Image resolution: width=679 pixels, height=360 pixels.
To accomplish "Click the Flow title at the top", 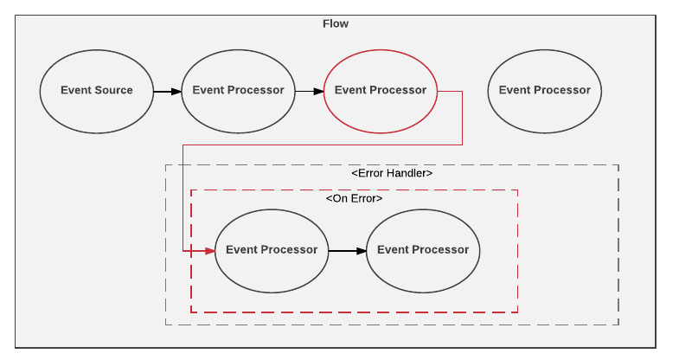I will pyautogui.click(x=336, y=23).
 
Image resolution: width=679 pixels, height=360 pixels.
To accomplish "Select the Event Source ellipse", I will pyautogui.click(x=97, y=91).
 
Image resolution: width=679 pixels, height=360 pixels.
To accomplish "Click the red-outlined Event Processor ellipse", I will pyautogui.click(x=380, y=91).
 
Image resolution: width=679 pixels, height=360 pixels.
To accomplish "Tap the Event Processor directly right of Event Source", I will pyautogui.click(x=238, y=91).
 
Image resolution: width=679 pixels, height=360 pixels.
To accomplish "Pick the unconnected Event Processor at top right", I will pyautogui.click(x=544, y=91).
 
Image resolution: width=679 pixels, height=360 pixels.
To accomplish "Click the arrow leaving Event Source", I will pyautogui.click(x=167, y=91).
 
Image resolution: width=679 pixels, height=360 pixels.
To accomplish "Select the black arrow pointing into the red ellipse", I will pyautogui.click(x=309, y=91).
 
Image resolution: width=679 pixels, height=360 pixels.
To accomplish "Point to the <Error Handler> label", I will pyautogui.click(x=392, y=173).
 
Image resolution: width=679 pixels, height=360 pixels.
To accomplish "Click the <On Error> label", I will pyautogui.click(x=354, y=198).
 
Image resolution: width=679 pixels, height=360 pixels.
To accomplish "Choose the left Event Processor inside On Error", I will pyautogui.click(x=271, y=250).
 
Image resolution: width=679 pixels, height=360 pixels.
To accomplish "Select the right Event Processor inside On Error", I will pyautogui.click(x=423, y=250).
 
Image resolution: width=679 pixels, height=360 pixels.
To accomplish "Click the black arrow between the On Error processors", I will pyautogui.click(x=347, y=251).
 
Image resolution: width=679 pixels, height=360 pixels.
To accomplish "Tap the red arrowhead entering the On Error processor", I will pyautogui.click(x=208, y=251).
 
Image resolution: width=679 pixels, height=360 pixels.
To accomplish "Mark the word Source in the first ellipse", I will pyautogui.click(x=114, y=91).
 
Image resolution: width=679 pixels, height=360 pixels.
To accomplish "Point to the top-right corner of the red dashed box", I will pyautogui.click(x=517, y=190).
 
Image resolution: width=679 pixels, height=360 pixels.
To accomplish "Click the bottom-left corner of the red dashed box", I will pyautogui.click(x=191, y=312).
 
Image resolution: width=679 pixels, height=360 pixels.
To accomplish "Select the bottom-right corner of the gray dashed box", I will pyautogui.click(x=618, y=325).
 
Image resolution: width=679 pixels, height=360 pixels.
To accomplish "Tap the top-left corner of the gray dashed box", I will pyautogui.click(x=166, y=164).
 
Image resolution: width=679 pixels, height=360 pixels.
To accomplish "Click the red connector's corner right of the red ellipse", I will pyautogui.click(x=462, y=91).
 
